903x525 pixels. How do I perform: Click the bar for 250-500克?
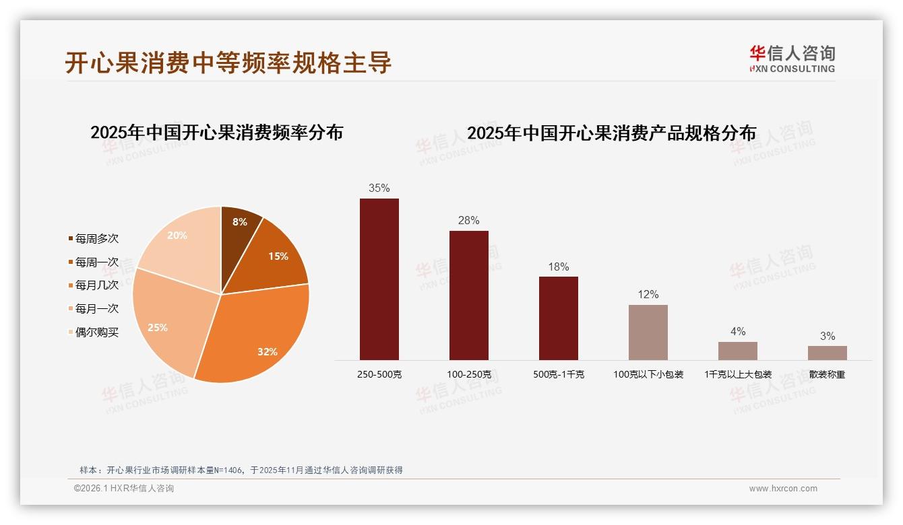pyautogui.click(x=379, y=279)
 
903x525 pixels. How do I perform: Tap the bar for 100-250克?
pyautogui.click(x=468, y=295)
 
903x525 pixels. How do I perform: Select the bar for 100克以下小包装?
pyautogui.click(x=648, y=332)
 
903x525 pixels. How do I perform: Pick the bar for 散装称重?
pyautogui.click(x=827, y=353)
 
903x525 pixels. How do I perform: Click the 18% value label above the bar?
pyautogui.click(x=558, y=267)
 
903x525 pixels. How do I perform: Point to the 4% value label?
pyautogui.click(x=737, y=331)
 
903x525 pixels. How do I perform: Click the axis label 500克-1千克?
pyautogui.click(x=558, y=374)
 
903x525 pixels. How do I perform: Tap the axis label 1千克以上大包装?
pyautogui.click(x=737, y=374)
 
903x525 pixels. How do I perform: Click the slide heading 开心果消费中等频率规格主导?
pyautogui.click(x=228, y=63)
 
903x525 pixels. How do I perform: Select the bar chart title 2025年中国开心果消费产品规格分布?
pyautogui.click(x=611, y=133)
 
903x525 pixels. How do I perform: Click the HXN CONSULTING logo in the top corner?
pyautogui.click(x=792, y=59)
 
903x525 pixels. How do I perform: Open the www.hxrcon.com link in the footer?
pyautogui.click(x=782, y=489)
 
